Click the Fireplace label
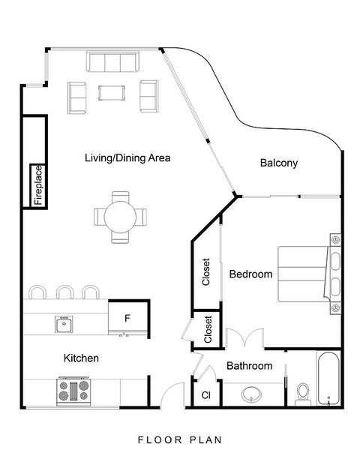(39, 185)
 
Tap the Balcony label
(279, 163)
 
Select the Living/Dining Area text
(127, 158)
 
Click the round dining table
(120, 217)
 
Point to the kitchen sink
(64, 324)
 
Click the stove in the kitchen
(73, 391)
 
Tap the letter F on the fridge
(127, 318)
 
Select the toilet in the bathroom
(303, 394)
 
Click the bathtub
(328, 378)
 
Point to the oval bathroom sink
(251, 394)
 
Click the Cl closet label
(206, 395)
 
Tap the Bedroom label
(250, 274)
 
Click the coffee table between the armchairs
(112, 93)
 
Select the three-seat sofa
(112, 61)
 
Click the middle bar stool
(65, 292)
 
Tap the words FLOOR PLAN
(180, 440)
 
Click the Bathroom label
(249, 366)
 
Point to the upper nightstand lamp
(335, 240)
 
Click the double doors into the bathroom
(245, 338)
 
